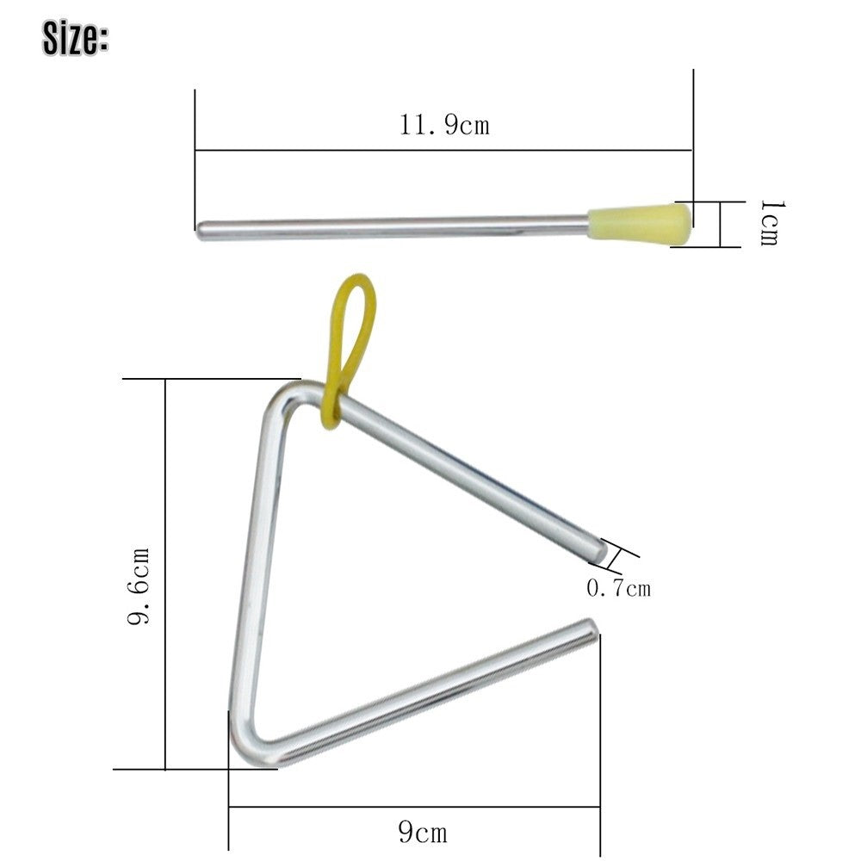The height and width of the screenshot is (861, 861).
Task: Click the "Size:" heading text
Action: [75, 39]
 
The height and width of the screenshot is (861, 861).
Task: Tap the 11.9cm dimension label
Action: [443, 125]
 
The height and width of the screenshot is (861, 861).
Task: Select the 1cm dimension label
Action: [771, 223]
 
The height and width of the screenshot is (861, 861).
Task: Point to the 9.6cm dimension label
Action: [139, 585]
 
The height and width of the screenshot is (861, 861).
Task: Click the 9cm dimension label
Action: [422, 833]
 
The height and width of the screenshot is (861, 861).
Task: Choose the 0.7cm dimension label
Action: [618, 588]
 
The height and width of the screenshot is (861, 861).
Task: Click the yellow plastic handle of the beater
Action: [640, 222]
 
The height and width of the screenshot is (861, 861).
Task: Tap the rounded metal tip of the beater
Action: [201, 231]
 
